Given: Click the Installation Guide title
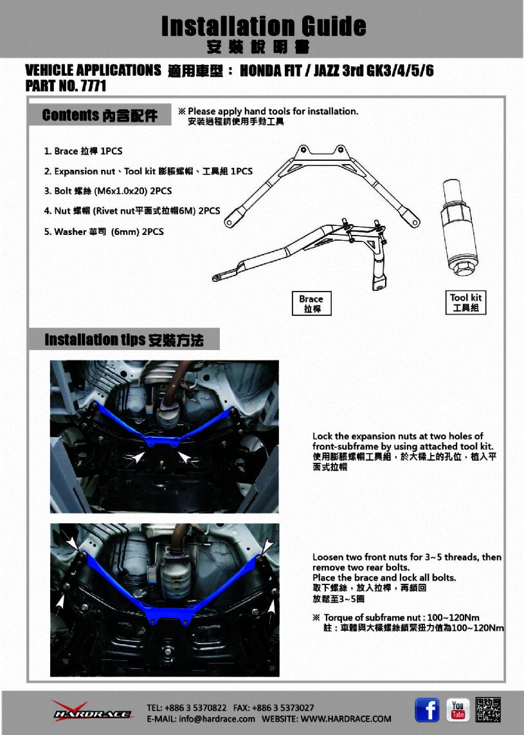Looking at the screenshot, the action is click(x=264, y=26).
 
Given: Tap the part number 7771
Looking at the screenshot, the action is click(x=94, y=86).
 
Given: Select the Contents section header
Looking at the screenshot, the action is click(x=100, y=115).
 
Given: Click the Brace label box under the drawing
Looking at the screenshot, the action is click(x=311, y=303).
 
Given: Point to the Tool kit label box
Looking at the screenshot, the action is click(x=465, y=302).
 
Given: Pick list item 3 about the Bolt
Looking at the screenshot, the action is click(x=108, y=191).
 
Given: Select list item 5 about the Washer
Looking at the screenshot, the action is click(x=104, y=232).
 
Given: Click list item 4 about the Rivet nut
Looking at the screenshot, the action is click(x=132, y=211).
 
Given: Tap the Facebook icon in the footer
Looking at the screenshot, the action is click(x=427, y=710).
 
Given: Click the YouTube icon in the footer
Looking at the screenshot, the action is click(x=458, y=710).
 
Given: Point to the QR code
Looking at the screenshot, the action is click(x=488, y=710).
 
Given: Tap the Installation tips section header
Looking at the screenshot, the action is click(x=123, y=339).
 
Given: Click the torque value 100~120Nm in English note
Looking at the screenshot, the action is click(x=453, y=617).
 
